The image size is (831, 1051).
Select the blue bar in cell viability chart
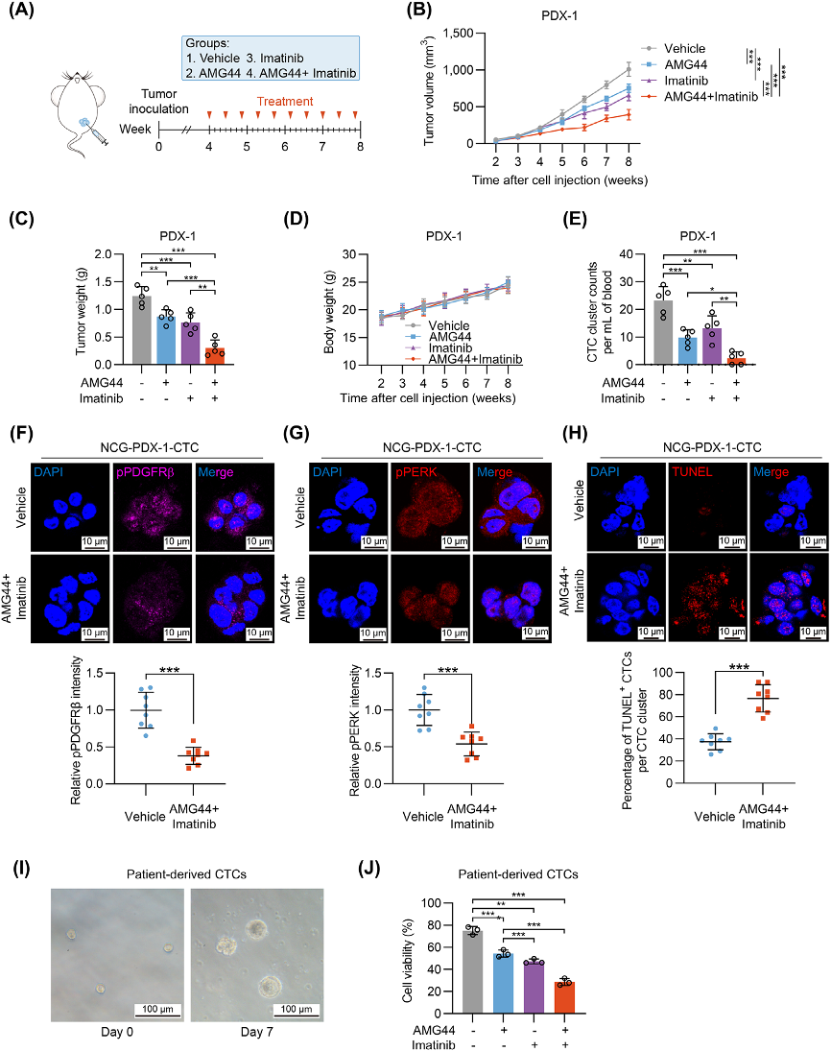tap(502, 984)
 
